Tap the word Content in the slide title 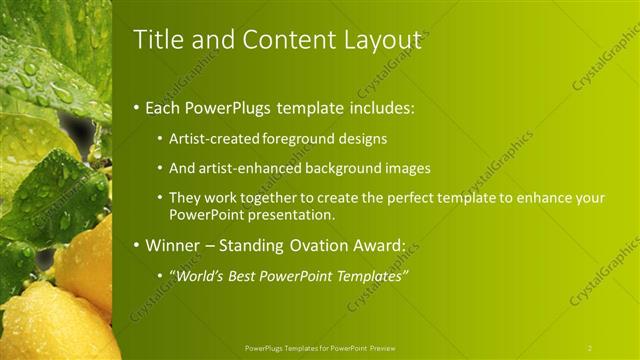pyautogui.click(x=281, y=40)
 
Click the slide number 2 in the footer pyautogui.click(x=590, y=348)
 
